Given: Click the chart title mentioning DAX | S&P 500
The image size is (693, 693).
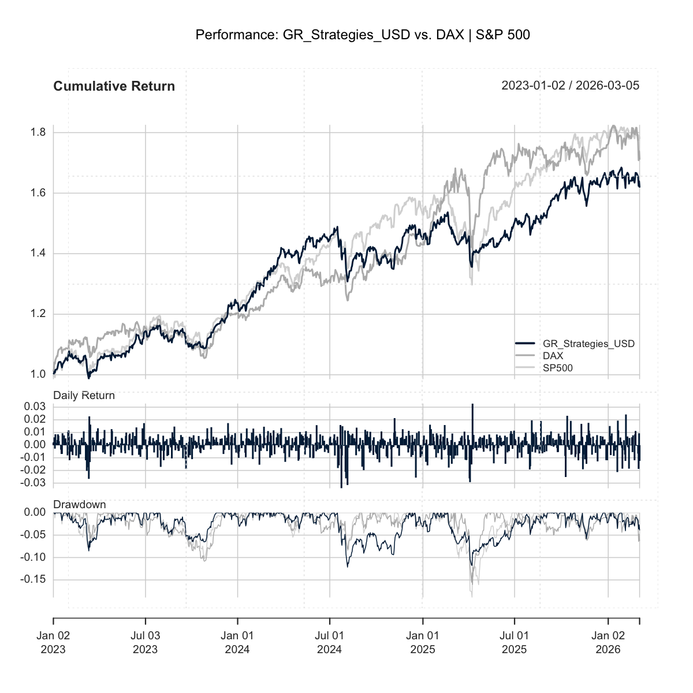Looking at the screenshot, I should pyautogui.click(x=363, y=35).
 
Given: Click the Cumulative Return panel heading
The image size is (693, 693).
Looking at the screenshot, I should pyautogui.click(x=114, y=87).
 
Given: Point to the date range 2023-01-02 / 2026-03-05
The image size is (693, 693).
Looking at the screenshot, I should pyautogui.click(x=570, y=86).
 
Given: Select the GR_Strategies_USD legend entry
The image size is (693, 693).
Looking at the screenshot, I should pyautogui.click(x=588, y=344).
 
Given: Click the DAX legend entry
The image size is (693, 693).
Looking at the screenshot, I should pyautogui.click(x=553, y=356).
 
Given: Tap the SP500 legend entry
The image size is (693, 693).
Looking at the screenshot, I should pyautogui.click(x=557, y=368).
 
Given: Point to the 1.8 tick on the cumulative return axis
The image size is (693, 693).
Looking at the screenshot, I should pyautogui.click(x=38, y=133).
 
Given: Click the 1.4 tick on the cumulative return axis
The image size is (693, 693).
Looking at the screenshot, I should pyautogui.click(x=38, y=254).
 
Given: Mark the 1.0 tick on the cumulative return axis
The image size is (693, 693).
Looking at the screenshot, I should pyautogui.click(x=38, y=374).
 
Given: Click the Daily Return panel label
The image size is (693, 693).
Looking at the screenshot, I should pyautogui.click(x=84, y=396).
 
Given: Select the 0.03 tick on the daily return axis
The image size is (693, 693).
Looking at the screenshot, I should pyautogui.click(x=35, y=407).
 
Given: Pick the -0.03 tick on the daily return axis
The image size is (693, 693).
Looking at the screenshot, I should pyautogui.click(x=33, y=483).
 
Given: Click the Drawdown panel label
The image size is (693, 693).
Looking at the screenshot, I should pyautogui.click(x=80, y=505).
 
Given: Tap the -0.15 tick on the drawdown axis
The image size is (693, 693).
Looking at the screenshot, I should pyautogui.click(x=33, y=579).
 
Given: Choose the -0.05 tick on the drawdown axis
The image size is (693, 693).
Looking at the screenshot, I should pyautogui.click(x=33, y=535).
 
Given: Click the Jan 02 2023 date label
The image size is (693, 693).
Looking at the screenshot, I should pyautogui.click(x=53, y=642).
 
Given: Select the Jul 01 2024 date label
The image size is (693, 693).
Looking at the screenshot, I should pyautogui.click(x=329, y=642).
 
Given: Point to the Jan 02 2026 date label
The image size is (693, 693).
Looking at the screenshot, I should pyautogui.click(x=608, y=642).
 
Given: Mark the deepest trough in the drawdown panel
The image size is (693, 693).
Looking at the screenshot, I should pyautogui.click(x=472, y=595).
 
